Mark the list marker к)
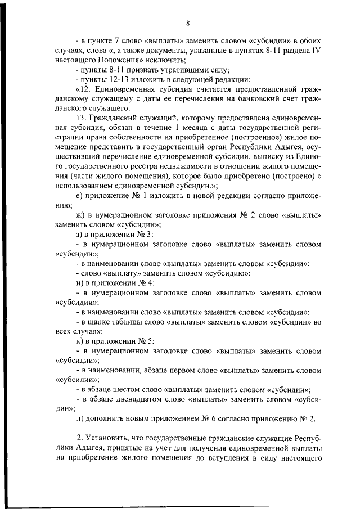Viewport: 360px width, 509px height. click(x=79, y=341)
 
